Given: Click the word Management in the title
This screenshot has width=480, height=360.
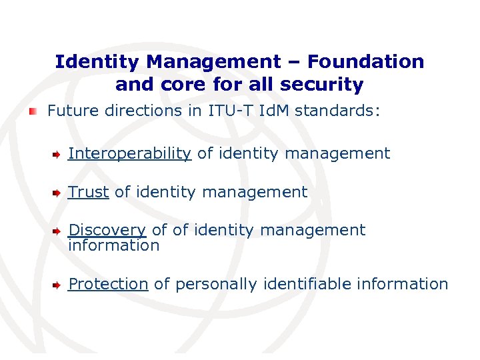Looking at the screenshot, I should click(x=214, y=62).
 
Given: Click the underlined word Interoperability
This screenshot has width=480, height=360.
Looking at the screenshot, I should click(x=129, y=153).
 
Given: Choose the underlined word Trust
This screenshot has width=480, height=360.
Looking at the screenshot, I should click(x=88, y=192).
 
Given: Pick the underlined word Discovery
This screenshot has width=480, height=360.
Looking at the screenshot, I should click(x=107, y=230).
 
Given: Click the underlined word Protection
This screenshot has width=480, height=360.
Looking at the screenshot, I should click(x=108, y=284).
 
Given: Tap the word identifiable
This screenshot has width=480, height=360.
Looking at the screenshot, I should click(x=307, y=284).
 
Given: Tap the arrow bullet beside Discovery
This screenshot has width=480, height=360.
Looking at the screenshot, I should click(x=57, y=231).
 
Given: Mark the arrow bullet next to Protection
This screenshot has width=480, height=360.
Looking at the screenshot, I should click(x=57, y=284).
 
